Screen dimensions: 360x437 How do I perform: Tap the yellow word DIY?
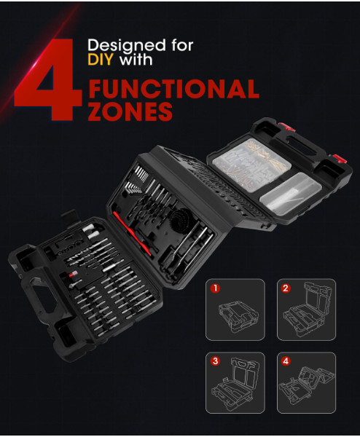(x=101, y=59)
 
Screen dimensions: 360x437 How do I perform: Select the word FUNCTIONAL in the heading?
(x=173, y=89)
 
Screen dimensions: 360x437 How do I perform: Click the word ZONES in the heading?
(x=130, y=111)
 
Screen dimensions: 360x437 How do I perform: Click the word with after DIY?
(x=136, y=60)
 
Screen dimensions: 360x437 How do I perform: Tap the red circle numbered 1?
(x=215, y=288)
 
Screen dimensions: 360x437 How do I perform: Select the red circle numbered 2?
(x=286, y=288)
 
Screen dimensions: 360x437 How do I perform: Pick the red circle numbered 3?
(x=215, y=361)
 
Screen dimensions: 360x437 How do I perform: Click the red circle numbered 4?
(x=286, y=361)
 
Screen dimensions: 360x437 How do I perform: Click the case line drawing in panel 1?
(x=238, y=316)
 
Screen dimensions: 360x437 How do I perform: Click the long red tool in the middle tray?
(x=132, y=234)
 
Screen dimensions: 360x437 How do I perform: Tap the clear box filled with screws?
(x=252, y=165)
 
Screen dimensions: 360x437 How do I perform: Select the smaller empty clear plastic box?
(x=290, y=193)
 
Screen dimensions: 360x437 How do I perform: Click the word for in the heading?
(x=182, y=45)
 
